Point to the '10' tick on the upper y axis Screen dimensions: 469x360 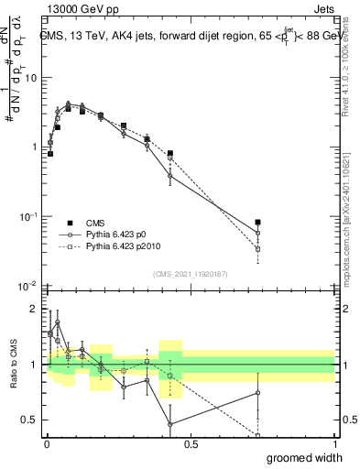pos(31,78)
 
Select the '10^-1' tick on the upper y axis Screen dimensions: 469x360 pos(29,216)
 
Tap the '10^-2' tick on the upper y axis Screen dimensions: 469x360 pos(29,286)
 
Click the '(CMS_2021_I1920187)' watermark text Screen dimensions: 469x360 pos(191,272)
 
